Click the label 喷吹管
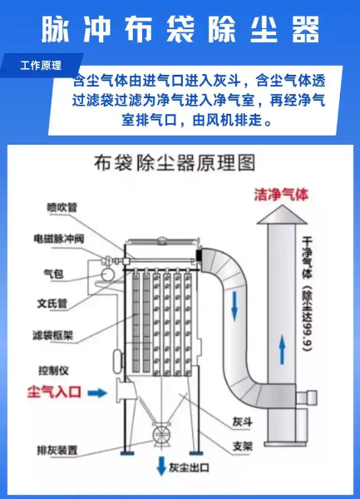coord(62,207)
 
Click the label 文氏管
coord(52,304)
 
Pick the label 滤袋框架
coord(55,336)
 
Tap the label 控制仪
coord(52,368)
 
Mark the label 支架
coord(242,447)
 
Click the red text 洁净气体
coord(282,195)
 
